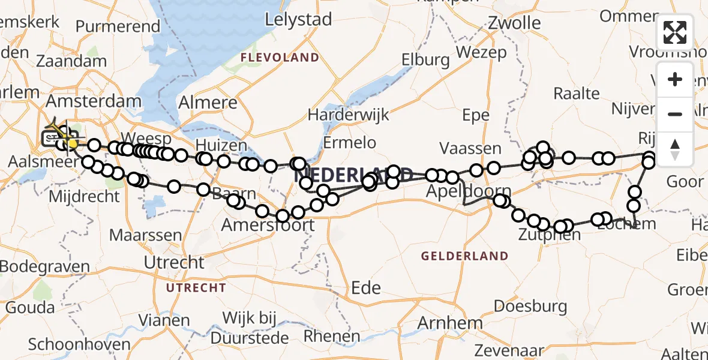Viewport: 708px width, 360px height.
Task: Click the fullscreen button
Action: click(x=675, y=32)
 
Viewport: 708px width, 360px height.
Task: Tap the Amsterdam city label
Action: click(x=94, y=100)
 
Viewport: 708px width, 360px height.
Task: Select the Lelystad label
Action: click(x=298, y=19)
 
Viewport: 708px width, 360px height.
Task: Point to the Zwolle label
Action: click(x=514, y=23)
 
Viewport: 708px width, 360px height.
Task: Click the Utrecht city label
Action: click(x=175, y=262)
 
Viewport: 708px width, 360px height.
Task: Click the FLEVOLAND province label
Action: click(x=280, y=58)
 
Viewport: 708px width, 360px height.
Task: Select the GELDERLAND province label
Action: click(x=464, y=256)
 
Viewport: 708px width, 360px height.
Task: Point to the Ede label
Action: click(x=366, y=287)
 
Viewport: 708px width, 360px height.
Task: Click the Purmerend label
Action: click(x=118, y=26)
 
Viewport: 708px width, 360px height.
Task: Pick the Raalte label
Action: click(x=577, y=93)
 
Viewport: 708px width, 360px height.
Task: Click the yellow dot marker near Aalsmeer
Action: click(x=73, y=143)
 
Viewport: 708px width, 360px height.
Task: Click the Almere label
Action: click(x=208, y=101)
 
